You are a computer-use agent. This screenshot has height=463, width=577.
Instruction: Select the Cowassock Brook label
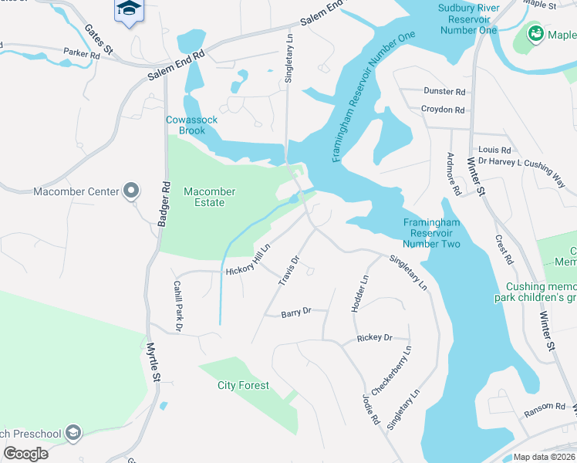(192, 125)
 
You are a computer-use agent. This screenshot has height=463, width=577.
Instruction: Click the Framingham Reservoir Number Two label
(431, 233)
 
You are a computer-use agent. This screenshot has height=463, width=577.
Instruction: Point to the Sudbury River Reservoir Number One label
(469, 19)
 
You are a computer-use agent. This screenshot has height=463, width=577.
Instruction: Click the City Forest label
(243, 385)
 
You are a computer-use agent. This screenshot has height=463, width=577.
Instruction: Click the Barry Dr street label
(295, 313)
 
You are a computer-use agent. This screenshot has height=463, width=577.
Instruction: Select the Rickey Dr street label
(374, 338)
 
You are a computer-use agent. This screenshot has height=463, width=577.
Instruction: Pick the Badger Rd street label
(164, 203)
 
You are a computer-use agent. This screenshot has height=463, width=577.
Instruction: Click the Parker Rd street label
(83, 55)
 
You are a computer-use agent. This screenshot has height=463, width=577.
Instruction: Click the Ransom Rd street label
(543, 407)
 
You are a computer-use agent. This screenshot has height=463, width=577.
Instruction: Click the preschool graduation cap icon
(73, 433)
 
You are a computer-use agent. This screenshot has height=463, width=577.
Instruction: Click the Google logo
(26, 453)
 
